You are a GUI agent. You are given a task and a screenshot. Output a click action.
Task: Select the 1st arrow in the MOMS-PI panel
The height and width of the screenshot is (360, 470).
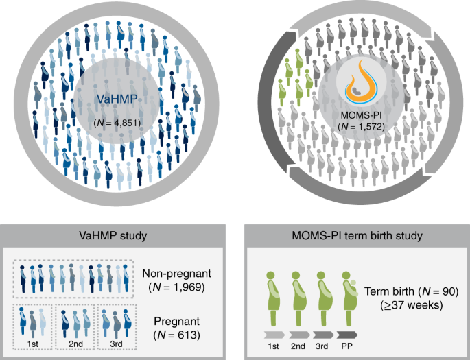click(x=273, y=336)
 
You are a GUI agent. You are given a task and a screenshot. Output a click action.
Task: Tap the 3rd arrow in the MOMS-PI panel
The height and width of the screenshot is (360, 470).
click(x=322, y=336)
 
